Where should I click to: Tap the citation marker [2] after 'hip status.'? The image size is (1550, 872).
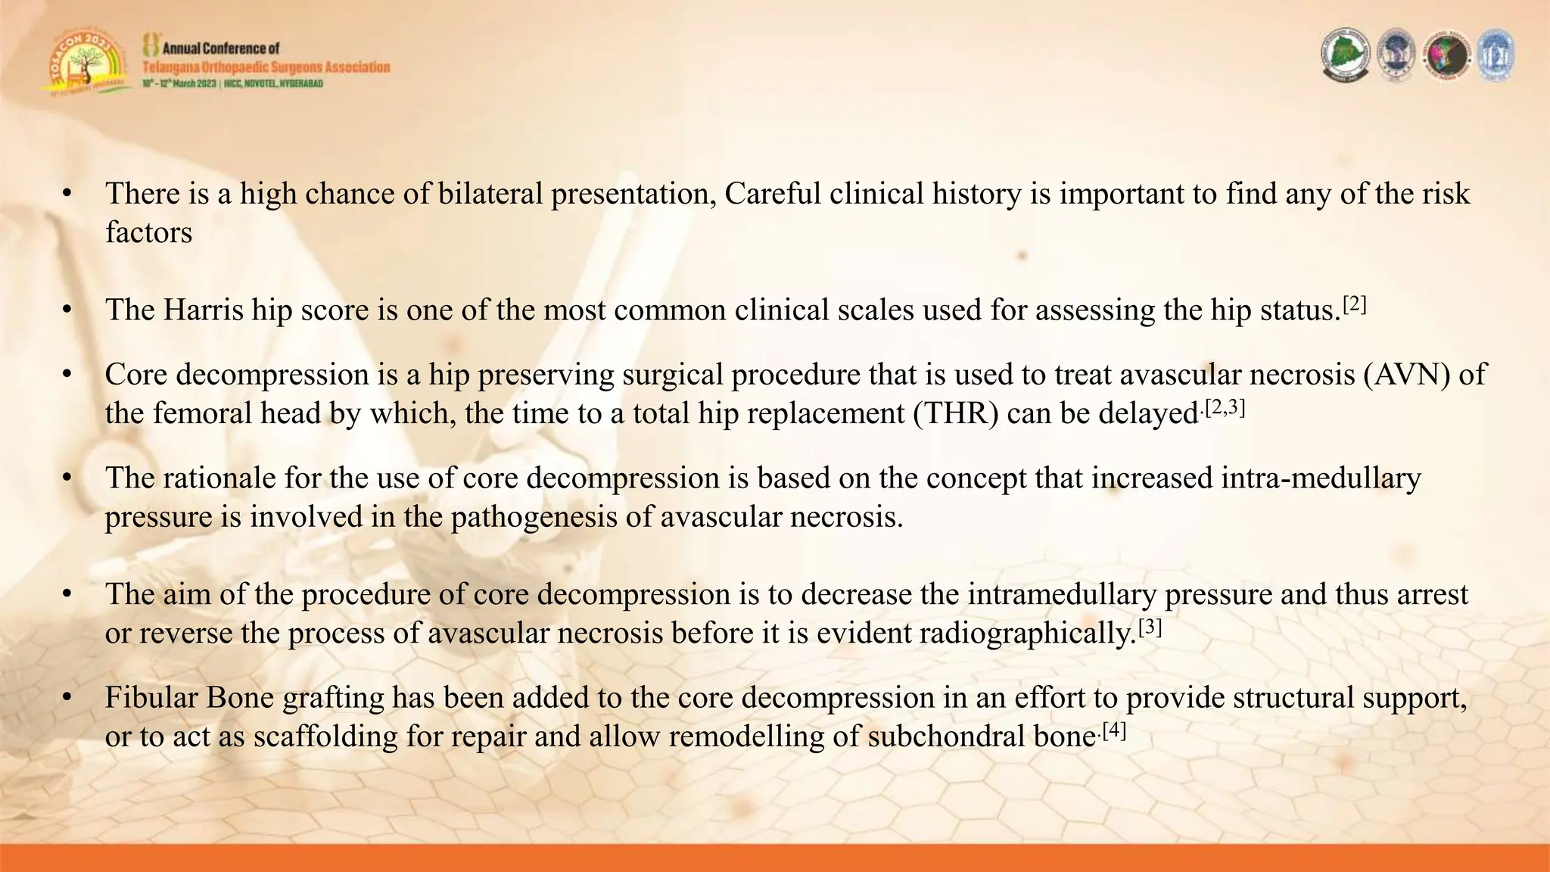(1355, 305)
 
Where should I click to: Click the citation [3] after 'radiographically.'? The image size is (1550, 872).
(1150, 628)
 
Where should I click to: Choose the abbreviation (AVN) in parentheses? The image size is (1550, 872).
(1407, 375)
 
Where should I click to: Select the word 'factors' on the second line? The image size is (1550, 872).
(148, 232)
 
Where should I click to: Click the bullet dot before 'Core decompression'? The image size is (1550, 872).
(67, 375)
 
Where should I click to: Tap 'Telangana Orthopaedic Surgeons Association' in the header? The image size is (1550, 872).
(266, 67)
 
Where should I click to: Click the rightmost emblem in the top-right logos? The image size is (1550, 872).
(1496, 55)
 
